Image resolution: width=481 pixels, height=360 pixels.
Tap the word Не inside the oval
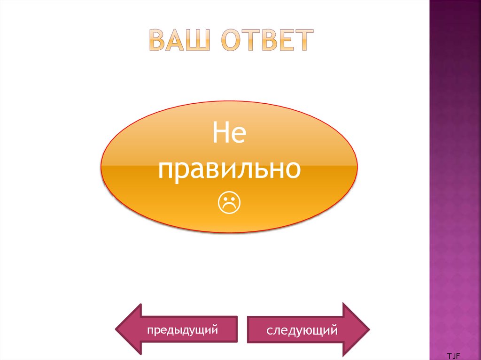click(x=229, y=133)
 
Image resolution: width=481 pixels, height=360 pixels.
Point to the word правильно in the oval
click(x=229, y=169)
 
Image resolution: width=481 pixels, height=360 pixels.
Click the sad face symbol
click(x=229, y=203)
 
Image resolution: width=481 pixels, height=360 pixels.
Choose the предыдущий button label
click(x=182, y=330)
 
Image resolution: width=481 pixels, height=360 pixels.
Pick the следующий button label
click(x=302, y=330)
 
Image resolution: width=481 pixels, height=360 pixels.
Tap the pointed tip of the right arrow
click(x=369, y=329)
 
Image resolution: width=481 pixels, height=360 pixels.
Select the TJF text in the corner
click(x=453, y=356)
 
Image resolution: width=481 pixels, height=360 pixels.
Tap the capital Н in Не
click(x=221, y=133)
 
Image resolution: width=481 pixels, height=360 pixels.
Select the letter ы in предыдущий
click(x=181, y=329)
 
